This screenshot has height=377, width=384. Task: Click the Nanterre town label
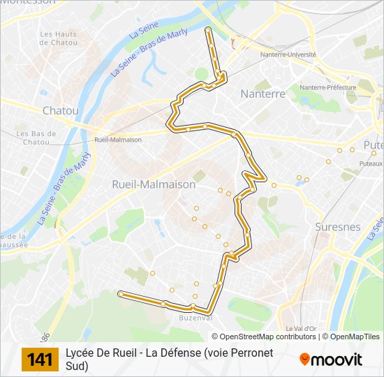263,94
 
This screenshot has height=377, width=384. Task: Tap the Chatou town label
60,110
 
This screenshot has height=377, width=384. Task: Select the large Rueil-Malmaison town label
154,185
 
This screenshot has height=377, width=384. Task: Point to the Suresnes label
338,227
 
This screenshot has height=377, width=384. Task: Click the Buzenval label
195,318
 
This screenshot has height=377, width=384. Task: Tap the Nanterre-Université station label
288,54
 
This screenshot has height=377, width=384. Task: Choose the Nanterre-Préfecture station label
323,87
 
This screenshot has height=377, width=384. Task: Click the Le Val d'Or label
301,328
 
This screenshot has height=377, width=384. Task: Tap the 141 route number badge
39,360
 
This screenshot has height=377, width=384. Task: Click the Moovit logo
331,360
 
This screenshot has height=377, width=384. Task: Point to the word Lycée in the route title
80,353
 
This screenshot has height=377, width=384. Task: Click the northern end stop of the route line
207,29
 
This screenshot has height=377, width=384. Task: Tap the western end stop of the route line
121,294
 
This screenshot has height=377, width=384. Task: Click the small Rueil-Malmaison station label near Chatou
117,140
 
